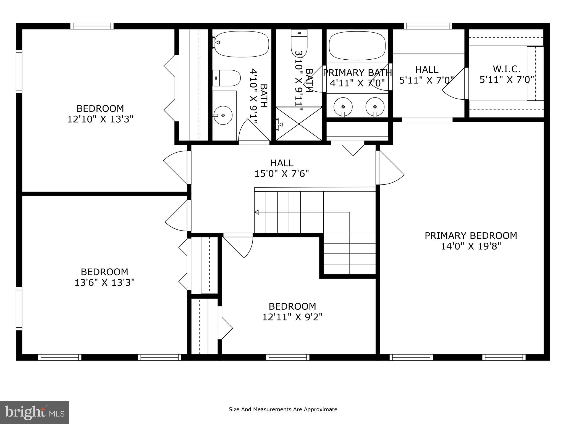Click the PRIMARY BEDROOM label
click(471, 235)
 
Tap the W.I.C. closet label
click(506, 69)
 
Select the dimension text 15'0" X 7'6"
click(282, 174)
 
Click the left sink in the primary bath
click(343, 107)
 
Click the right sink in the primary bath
click(375, 107)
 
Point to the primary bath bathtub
click(357, 46)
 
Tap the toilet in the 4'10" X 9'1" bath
click(227, 78)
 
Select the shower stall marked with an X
click(299, 124)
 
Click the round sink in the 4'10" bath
click(223, 115)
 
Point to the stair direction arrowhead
click(257, 212)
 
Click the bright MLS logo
click(34, 412)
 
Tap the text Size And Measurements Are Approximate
click(283, 409)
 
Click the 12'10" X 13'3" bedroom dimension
click(100, 119)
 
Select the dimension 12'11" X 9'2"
click(292, 317)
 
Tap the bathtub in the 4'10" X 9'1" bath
click(242, 44)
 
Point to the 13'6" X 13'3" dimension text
click(104, 283)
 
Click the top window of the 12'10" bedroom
click(92, 26)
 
